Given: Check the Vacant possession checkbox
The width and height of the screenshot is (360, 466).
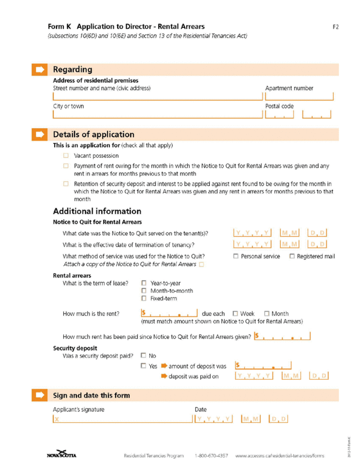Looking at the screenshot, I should tap(66, 155).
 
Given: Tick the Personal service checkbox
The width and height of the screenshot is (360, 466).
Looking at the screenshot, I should tap(236, 256).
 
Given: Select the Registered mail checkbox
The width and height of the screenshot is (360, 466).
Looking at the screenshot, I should tap(292, 256).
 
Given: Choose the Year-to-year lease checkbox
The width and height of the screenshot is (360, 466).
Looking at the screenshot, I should tap(145, 283).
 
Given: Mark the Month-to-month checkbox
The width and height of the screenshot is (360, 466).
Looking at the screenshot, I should tap(145, 291).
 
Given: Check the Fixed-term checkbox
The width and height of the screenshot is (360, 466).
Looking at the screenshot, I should tap(145, 298).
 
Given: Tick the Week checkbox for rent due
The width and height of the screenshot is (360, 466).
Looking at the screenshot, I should tap(235, 313).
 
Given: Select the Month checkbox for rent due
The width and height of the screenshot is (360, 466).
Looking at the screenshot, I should tap(267, 313).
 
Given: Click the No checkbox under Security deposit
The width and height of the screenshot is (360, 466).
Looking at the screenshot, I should tap(143, 355).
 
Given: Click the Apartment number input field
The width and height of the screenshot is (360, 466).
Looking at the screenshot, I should tap(299, 96).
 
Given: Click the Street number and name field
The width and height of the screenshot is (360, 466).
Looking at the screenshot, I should tap(157, 96).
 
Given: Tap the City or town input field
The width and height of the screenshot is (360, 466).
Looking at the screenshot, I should tap(157, 114).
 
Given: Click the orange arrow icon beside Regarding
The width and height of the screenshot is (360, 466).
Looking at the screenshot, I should tap(39, 69).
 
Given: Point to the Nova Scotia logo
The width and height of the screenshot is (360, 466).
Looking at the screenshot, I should tap(62, 454).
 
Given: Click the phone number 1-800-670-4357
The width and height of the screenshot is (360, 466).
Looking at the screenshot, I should tap(211, 456).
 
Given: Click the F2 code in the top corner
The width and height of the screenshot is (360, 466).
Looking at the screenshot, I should tap(335, 26).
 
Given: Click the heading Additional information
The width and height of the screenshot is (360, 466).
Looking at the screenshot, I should tap(97, 211).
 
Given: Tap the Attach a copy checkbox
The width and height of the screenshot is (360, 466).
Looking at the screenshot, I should tap(201, 264).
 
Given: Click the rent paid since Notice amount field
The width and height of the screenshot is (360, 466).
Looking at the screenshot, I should tap(282, 337).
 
